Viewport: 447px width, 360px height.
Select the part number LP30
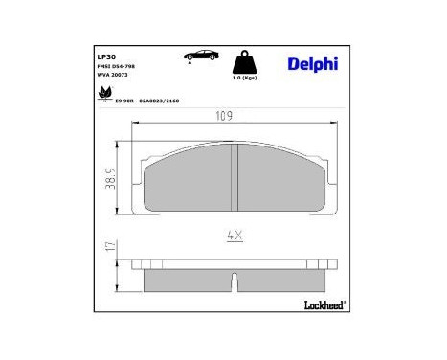click(x=106, y=56)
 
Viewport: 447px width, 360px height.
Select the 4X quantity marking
click(x=235, y=234)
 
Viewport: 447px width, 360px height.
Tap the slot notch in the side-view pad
click(x=235, y=281)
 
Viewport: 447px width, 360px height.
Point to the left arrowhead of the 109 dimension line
click(x=133, y=125)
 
